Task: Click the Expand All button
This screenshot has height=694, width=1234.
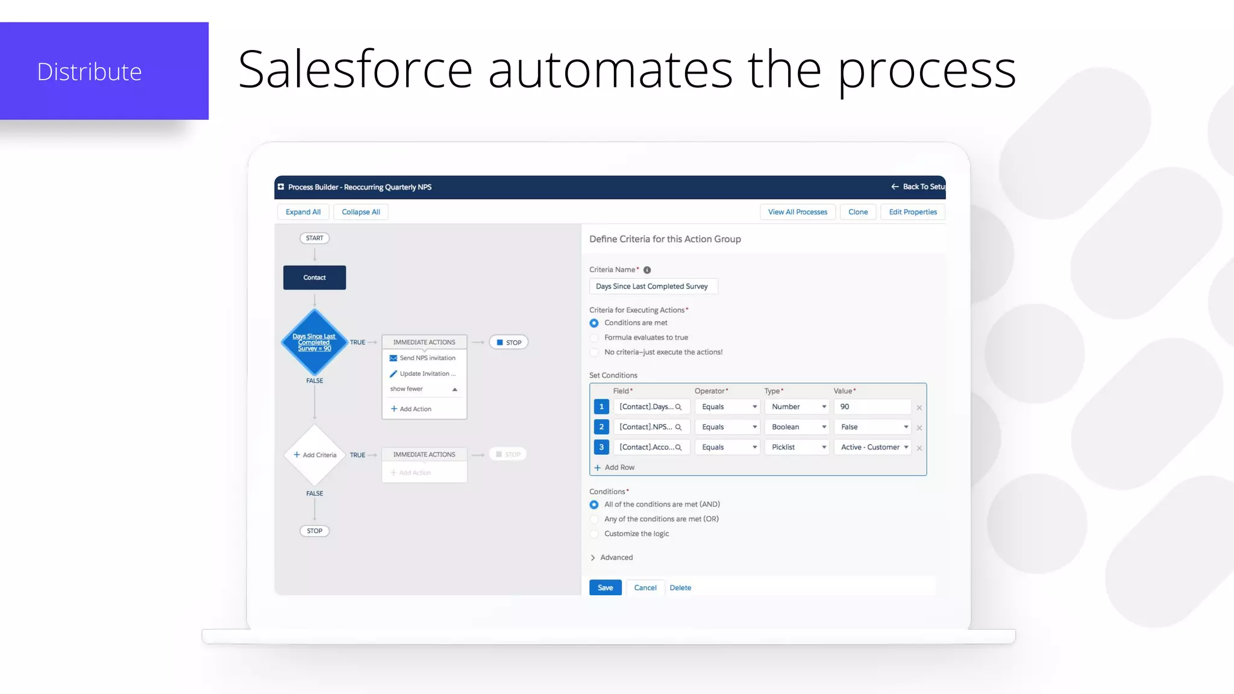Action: (303, 212)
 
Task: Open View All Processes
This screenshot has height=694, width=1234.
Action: (797, 212)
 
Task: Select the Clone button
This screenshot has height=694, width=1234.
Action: (858, 212)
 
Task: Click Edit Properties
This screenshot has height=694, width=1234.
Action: (913, 212)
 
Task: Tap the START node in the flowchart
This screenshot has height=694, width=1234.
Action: (315, 238)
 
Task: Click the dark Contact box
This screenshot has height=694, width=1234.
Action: (315, 278)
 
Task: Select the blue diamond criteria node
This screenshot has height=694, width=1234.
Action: (315, 342)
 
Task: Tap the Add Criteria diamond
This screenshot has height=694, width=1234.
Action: (315, 455)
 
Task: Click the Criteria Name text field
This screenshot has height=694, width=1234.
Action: (653, 286)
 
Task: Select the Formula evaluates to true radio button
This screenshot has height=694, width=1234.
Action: (594, 337)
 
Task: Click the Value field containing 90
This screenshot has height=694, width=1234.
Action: (872, 407)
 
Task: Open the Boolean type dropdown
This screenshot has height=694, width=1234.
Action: (797, 427)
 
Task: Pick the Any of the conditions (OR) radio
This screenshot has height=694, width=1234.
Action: (594, 519)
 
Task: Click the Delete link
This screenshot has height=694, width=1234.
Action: (680, 588)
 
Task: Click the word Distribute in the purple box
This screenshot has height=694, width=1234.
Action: (89, 72)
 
